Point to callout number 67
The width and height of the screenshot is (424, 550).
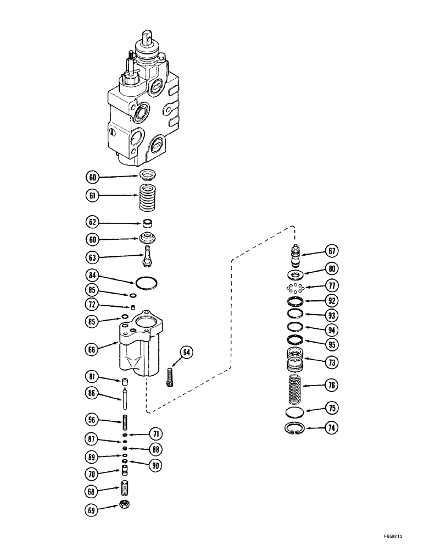pos(331,251)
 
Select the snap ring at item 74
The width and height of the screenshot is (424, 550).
pos(297,429)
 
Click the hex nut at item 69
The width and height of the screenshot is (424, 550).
pos(125,505)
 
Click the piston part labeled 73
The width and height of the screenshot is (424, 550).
pos(297,361)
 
